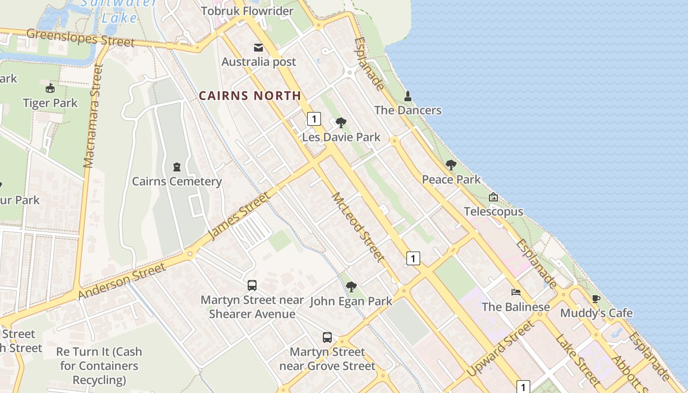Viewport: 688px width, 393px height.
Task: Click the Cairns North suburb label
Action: (250, 96)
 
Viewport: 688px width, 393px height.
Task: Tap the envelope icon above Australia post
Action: (258, 48)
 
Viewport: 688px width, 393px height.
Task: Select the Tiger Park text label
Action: (50, 103)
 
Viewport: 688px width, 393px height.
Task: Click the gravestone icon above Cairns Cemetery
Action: (177, 167)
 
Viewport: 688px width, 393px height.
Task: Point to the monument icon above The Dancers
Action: (407, 96)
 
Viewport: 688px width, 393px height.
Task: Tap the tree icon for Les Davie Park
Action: (341, 122)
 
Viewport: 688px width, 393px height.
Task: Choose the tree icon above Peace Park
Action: (451, 165)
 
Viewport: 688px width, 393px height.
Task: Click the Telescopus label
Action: (493, 212)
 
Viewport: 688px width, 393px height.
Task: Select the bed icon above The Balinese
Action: (516, 292)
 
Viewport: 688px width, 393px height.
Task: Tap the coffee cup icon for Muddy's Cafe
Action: (596, 299)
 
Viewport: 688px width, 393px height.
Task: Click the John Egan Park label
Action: (351, 301)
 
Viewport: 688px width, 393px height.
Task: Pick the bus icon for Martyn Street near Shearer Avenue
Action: (252, 285)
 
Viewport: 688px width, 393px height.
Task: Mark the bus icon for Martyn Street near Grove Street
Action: (327, 337)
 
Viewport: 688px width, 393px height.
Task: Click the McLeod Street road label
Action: (357, 226)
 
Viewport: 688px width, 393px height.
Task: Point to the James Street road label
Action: (239, 216)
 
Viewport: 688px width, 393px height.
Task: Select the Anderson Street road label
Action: (122, 281)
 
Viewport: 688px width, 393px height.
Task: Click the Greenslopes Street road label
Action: (80, 38)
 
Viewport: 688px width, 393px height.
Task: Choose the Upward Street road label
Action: (500, 348)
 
